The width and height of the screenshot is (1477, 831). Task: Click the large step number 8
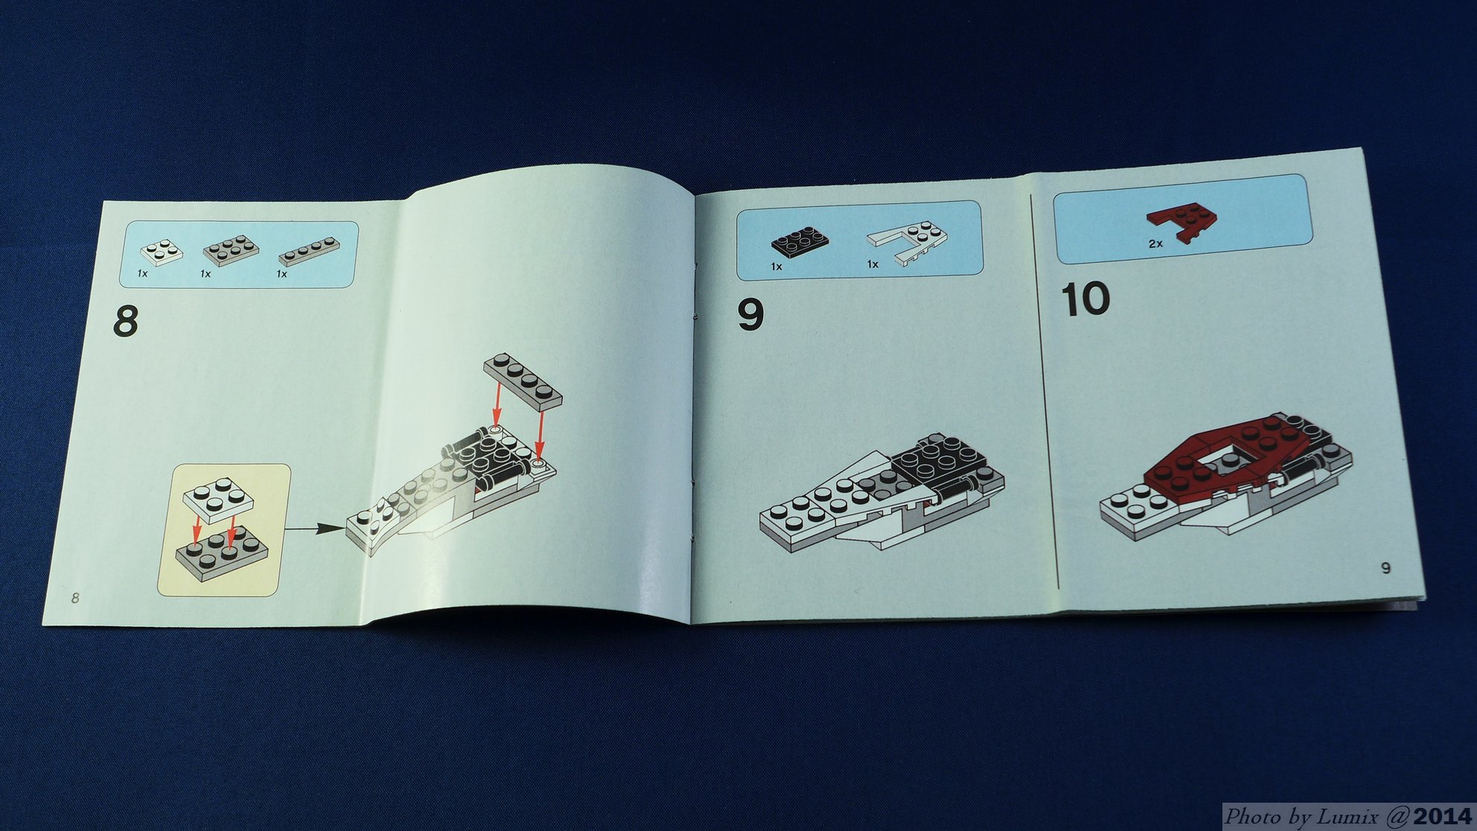point(126,321)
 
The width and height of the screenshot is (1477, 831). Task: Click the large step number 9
point(750,314)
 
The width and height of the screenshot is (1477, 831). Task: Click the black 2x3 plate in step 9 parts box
point(799,242)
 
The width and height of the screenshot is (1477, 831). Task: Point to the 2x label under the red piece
point(1155,243)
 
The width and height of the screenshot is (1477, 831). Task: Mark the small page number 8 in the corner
point(75,597)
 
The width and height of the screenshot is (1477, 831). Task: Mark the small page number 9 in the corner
point(1385,568)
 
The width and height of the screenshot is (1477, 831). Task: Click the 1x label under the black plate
point(776,266)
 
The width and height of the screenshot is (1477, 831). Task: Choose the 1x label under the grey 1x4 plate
point(282,274)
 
